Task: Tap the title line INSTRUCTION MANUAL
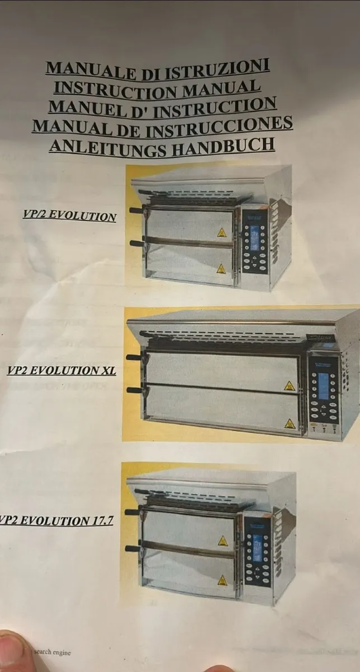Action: click(x=157, y=87)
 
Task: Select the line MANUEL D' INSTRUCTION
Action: click(x=162, y=106)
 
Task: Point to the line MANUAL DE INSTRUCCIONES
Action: click(x=162, y=125)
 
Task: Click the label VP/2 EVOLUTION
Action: click(x=69, y=216)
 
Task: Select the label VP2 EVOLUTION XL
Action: click(x=62, y=370)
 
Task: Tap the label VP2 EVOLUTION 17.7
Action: click(x=56, y=520)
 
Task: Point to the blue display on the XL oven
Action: click(x=324, y=386)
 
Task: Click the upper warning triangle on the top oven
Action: click(x=222, y=232)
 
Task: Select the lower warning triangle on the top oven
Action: click(x=221, y=268)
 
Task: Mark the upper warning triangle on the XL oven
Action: click(x=289, y=386)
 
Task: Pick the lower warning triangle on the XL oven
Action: click(x=289, y=423)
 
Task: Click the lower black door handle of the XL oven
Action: click(x=133, y=389)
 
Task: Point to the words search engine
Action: click(x=52, y=652)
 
